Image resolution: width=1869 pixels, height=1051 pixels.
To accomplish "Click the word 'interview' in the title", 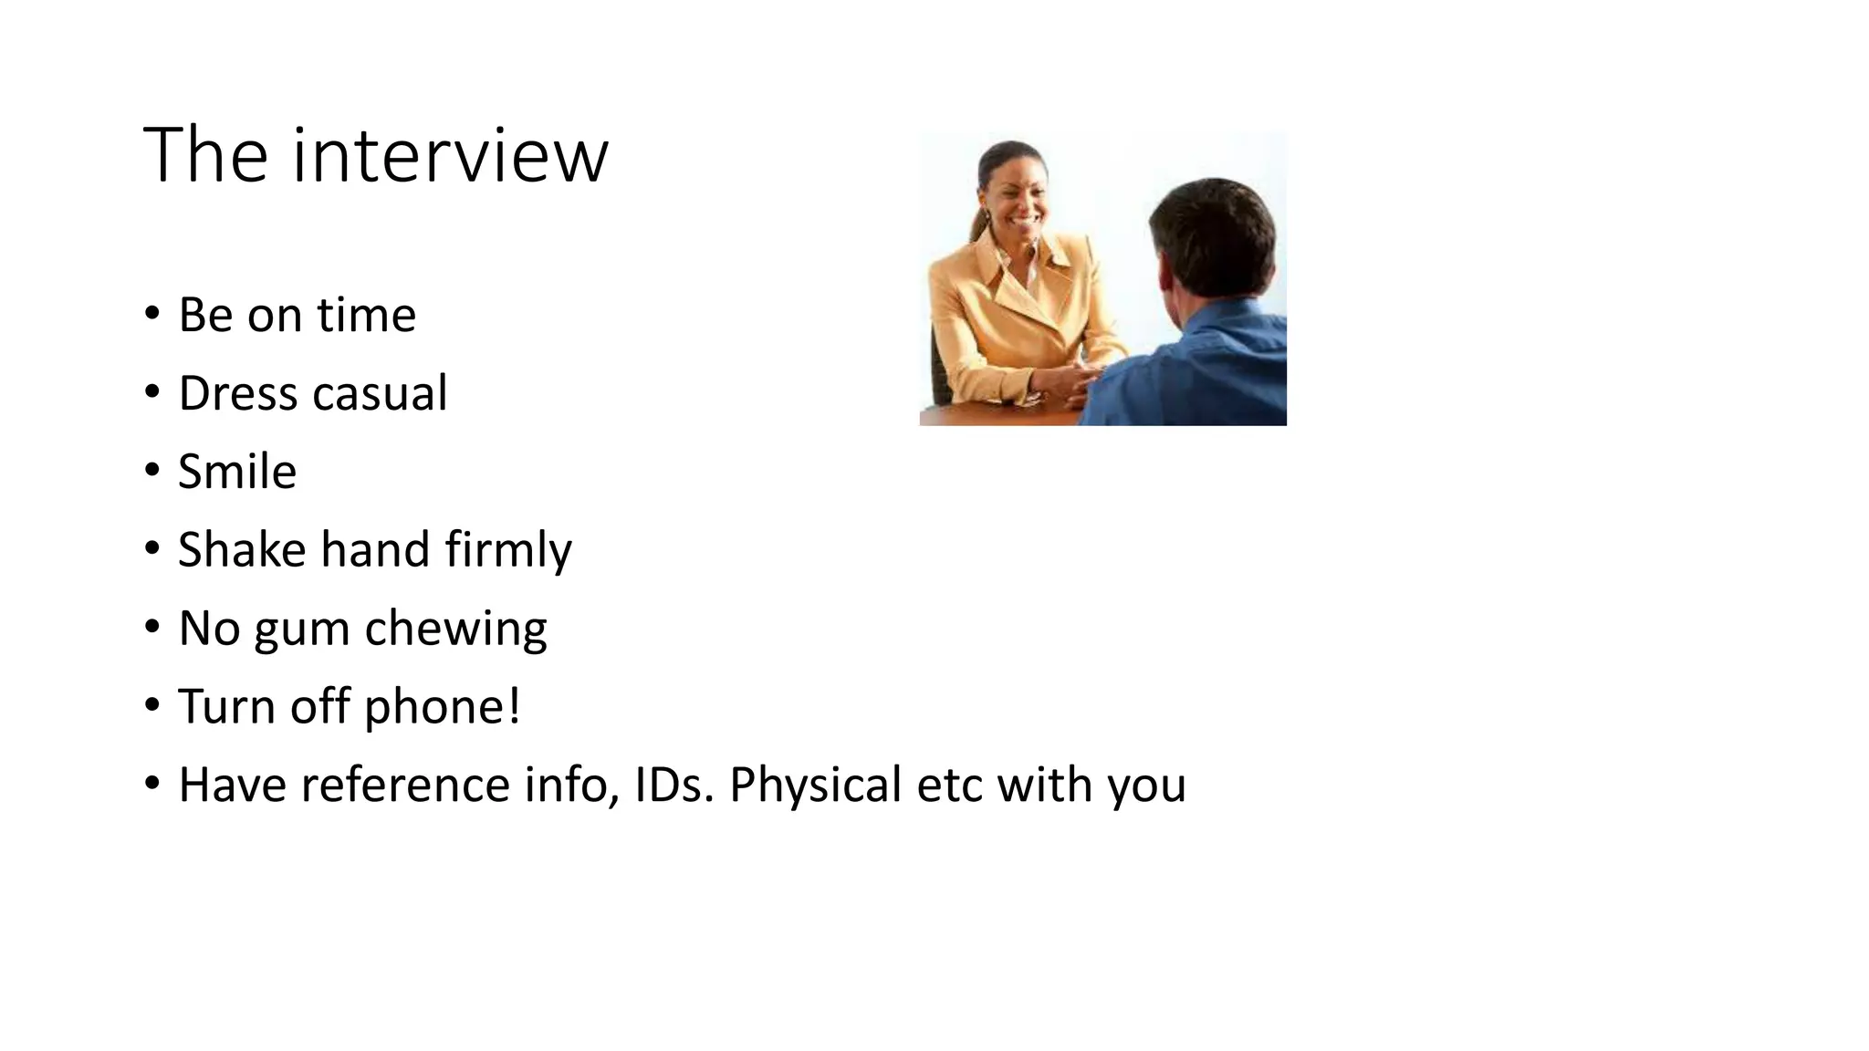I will point(450,156).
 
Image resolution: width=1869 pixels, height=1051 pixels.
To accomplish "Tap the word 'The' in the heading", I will point(205,156).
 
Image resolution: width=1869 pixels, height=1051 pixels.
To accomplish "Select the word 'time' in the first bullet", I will point(366,316).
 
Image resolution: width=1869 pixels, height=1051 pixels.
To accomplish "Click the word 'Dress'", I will point(238,393).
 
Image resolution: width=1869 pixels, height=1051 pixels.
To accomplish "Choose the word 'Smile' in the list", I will point(237,472).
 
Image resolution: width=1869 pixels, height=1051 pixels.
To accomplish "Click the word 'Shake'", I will point(242,550).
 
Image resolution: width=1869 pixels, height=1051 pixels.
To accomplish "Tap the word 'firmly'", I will point(508,551).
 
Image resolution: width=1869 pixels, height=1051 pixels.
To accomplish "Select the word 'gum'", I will point(302,630).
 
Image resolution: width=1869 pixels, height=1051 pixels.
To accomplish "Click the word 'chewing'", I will point(455,630).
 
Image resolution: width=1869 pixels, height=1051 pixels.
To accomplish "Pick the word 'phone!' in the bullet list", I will point(443,707).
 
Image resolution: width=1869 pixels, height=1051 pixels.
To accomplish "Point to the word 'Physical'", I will point(816,785).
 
